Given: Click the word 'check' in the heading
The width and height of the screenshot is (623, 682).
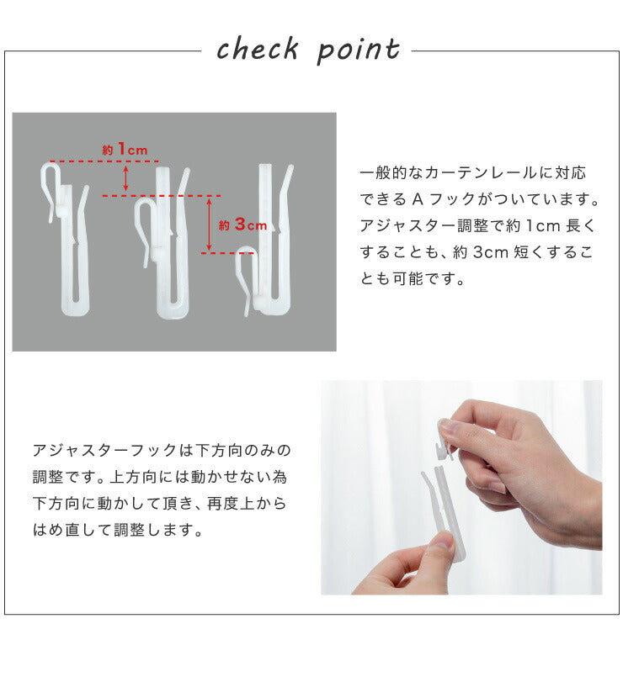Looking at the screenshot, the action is (x=258, y=48).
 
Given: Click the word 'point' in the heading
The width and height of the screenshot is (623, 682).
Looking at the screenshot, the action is (x=359, y=50).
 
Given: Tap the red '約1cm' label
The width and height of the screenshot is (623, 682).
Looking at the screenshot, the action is (x=125, y=150).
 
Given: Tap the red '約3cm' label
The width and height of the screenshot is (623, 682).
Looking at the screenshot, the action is (x=242, y=225).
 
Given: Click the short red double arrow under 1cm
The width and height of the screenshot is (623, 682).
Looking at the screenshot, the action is (x=125, y=178).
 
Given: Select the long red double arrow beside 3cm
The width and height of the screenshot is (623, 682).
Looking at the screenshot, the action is (x=209, y=224).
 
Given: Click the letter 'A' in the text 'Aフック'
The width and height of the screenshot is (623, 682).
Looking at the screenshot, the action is (x=418, y=199).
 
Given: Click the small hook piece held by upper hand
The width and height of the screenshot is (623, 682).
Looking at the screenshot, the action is (x=445, y=440).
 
